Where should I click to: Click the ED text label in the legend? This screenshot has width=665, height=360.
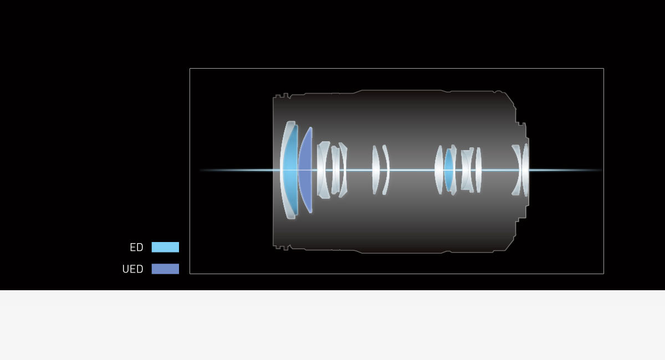coord(136,247)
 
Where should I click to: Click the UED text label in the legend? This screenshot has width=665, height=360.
coord(132,269)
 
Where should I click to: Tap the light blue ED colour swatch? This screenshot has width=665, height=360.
coord(165,247)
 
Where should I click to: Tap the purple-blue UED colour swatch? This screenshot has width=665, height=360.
coord(165,269)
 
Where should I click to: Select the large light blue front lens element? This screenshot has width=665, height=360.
coord(291,170)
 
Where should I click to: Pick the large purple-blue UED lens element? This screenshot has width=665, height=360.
coord(306,170)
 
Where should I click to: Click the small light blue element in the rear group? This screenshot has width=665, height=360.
coord(448,170)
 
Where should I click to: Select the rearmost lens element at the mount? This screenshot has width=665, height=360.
coord(525,170)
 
